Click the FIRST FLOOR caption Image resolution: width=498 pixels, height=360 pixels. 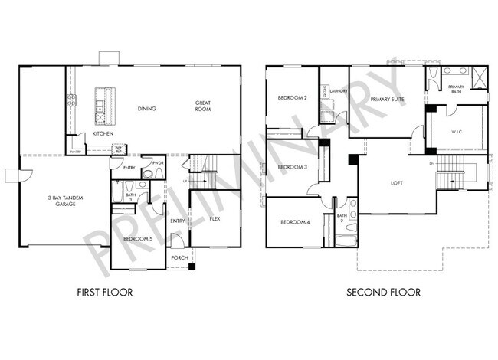pyautogui.click(x=105, y=292)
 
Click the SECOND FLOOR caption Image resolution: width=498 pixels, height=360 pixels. pyautogui.click(x=383, y=292)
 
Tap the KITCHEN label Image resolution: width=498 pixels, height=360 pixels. pyautogui.click(x=103, y=133)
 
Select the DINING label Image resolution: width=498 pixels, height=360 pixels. pyautogui.click(x=146, y=109)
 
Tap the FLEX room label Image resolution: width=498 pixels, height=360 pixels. pyautogui.click(x=215, y=218)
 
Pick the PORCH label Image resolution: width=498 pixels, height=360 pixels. pyautogui.click(x=179, y=257)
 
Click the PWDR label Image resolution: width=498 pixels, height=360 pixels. pyautogui.click(x=159, y=162)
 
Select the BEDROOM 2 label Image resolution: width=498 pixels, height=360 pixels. pyautogui.click(x=292, y=98)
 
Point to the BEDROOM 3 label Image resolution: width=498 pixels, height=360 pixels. pyautogui.click(x=292, y=167)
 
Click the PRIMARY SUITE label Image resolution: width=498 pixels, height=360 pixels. pyautogui.click(x=387, y=100)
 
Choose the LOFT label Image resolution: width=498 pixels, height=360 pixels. pyautogui.click(x=397, y=183)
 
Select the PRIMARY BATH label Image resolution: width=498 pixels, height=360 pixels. pyautogui.click(x=456, y=89)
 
